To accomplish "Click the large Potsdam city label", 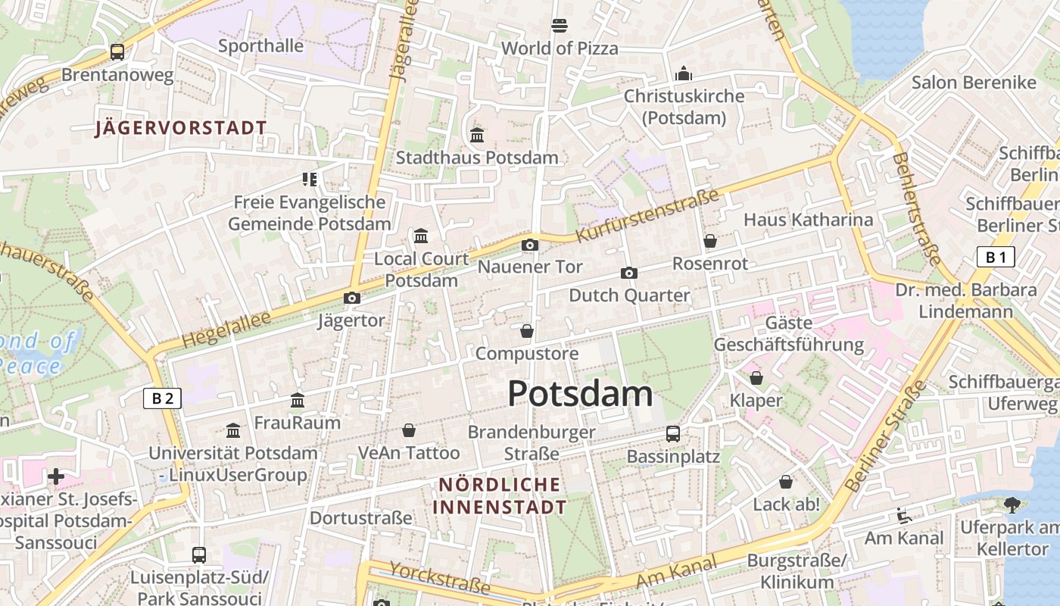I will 580,394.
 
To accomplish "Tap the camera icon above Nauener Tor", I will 530,245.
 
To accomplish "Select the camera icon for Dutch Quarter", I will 628,273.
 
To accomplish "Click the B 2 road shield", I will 163,398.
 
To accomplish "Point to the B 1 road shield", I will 995,258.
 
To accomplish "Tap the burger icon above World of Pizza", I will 560,26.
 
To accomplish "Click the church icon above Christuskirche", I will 684,73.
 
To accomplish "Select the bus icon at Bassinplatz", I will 672,434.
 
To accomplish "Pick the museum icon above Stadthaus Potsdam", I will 477,136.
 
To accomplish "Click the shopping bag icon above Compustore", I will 527,331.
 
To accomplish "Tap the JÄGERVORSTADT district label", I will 181,128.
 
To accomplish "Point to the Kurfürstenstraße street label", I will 647,217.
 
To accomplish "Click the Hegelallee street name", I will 226,332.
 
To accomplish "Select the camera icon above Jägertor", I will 351,298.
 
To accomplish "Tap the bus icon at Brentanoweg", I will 117,52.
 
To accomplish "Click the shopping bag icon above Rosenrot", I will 709,242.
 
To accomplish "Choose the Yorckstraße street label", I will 439,577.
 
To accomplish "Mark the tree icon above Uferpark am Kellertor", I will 1012,504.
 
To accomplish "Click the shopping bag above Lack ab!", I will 786,482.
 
